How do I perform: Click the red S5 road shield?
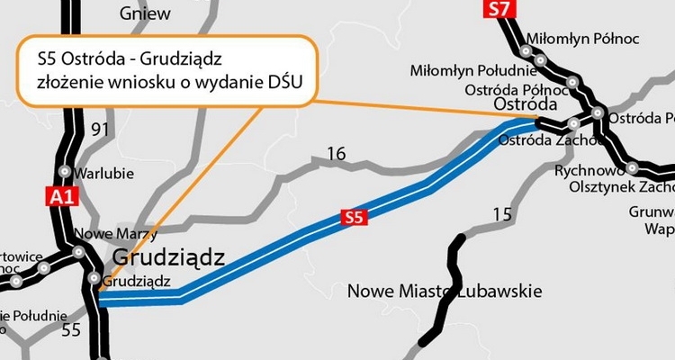click(x=354, y=217)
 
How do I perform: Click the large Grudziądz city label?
click(x=168, y=259)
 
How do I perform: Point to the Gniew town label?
click(x=147, y=13)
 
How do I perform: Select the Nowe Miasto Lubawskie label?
click(x=444, y=292)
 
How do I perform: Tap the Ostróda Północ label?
click(x=514, y=89)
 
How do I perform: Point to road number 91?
click(x=100, y=129)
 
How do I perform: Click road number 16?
click(x=336, y=155)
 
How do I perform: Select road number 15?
click(x=500, y=214)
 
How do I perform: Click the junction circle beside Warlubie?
click(x=65, y=171)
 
